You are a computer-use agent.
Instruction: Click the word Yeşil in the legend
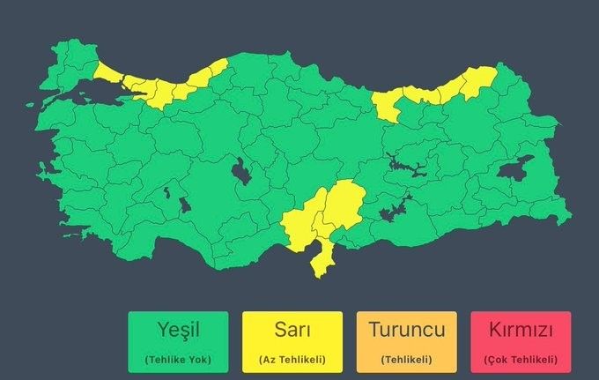(x=178, y=332)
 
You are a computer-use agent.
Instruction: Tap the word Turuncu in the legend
(x=406, y=332)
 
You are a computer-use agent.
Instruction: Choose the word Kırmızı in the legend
(x=520, y=332)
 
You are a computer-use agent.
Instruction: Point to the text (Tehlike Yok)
(x=178, y=360)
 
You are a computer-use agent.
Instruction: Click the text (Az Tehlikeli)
(x=292, y=360)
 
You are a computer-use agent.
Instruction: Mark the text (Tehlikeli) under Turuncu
(x=406, y=360)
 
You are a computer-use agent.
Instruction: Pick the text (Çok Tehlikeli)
(x=520, y=360)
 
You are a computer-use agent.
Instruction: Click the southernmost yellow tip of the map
(x=318, y=270)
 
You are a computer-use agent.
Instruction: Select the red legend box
(x=520, y=342)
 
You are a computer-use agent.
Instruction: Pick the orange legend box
(x=406, y=342)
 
